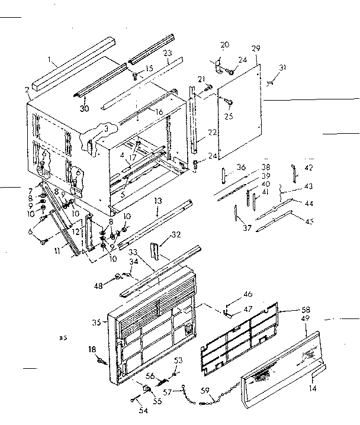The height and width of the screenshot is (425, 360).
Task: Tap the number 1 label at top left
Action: [x=52, y=60]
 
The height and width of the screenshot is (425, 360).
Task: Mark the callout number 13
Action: [x=158, y=202]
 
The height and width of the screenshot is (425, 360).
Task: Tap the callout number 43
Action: [x=308, y=185]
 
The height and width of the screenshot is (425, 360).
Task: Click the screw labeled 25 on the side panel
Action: [x=227, y=104]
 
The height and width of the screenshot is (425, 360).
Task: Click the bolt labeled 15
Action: [x=136, y=75]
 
